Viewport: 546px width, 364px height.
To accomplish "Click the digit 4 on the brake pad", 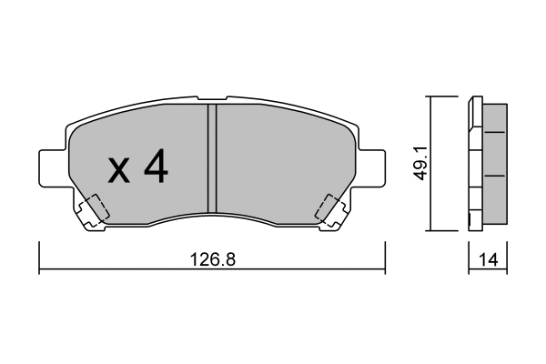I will point(155,167).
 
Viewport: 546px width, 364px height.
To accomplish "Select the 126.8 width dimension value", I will point(211,259).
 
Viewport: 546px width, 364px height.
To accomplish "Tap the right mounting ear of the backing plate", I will point(369,168).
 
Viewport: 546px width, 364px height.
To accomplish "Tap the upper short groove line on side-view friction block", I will point(496,131).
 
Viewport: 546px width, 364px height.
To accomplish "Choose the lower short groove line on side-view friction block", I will point(496,175).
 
